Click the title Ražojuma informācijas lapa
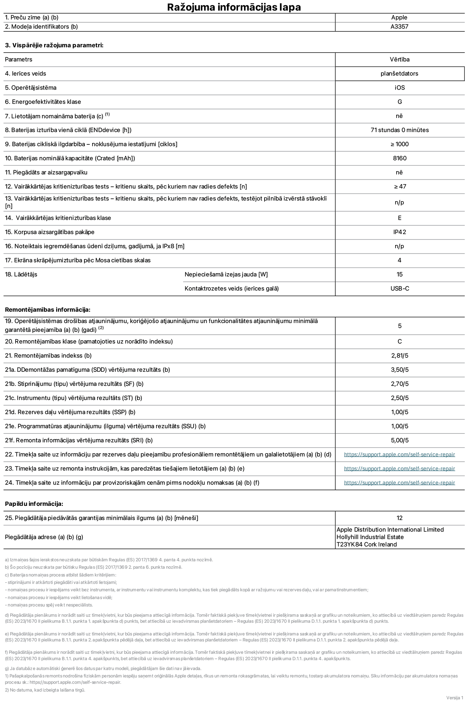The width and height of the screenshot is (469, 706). click(x=234, y=7)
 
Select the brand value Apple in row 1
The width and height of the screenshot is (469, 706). click(x=399, y=17)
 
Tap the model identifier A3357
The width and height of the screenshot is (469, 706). click(x=399, y=26)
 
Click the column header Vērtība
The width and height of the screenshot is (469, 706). click(x=399, y=59)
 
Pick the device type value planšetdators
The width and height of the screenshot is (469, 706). click(x=399, y=73)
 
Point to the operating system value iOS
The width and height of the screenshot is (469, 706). click(x=399, y=88)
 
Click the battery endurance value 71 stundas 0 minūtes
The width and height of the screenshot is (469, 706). click(x=399, y=130)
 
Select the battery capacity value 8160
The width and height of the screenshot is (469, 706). click(x=399, y=158)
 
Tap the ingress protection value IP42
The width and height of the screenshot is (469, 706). click(x=399, y=232)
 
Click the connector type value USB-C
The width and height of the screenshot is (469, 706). click(x=399, y=288)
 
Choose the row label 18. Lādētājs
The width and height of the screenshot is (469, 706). click(x=21, y=274)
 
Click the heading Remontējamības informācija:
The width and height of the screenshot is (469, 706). click(x=48, y=310)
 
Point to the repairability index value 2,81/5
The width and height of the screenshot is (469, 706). click(x=399, y=355)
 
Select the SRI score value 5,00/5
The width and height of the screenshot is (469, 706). click(x=399, y=440)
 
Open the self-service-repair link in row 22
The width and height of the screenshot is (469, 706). click(x=399, y=454)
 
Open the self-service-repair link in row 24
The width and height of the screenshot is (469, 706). click(x=399, y=483)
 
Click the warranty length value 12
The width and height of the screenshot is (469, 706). click(x=399, y=518)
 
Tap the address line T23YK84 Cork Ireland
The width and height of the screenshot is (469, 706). click(x=367, y=544)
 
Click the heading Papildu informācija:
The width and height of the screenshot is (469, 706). click(x=34, y=504)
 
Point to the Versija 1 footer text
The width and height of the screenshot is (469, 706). click(x=455, y=698)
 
